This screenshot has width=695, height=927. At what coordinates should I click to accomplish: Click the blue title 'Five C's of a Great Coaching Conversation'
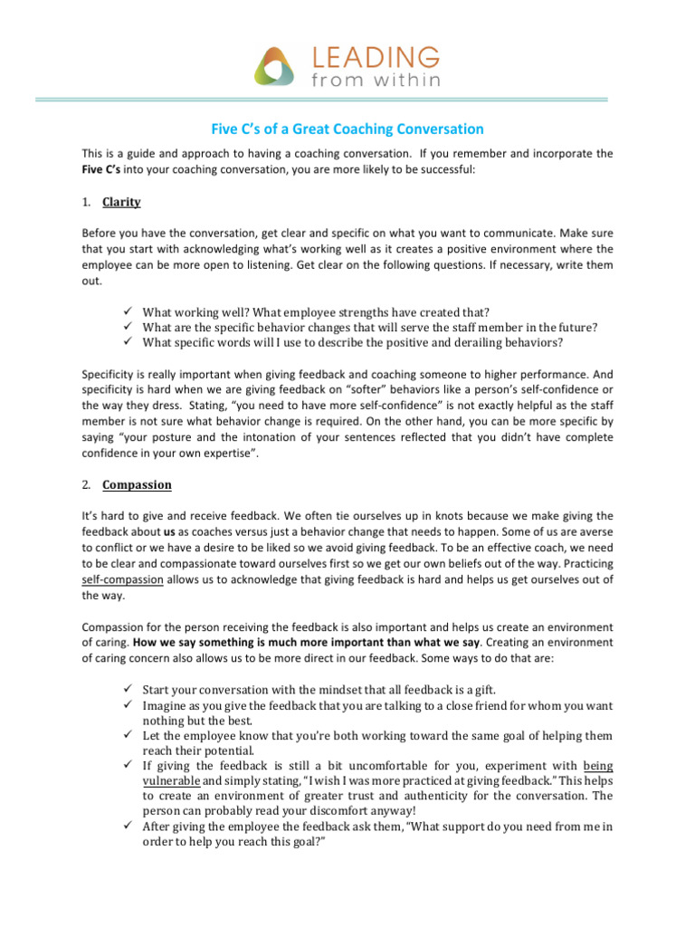(347, 129)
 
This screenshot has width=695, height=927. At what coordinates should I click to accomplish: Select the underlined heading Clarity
(121, 202)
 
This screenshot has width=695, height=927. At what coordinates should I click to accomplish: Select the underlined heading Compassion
(137, 484)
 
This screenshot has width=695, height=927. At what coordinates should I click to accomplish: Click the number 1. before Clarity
(86, 202)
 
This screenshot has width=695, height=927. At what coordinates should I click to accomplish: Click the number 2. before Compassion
(86, 484)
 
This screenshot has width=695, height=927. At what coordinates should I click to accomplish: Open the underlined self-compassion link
(122, 579)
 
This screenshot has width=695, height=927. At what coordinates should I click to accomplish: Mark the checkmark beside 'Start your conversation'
(127, 689)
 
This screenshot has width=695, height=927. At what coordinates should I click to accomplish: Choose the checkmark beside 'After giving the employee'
(127, 826)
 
